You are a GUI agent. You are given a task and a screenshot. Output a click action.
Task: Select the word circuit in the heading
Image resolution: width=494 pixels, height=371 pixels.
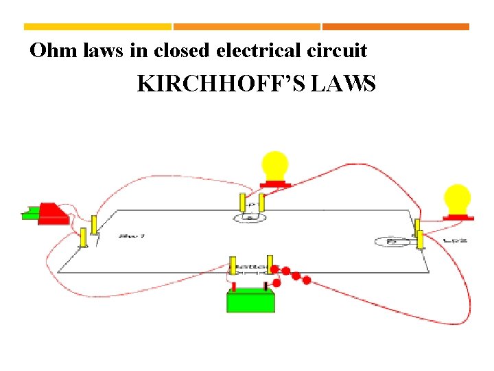336,50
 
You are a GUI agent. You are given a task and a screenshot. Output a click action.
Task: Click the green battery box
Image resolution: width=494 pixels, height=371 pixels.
251,301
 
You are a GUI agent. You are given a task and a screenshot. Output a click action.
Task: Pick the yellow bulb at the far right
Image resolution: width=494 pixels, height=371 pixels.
457,199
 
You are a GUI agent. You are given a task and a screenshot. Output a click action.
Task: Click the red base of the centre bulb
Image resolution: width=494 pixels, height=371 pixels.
274,183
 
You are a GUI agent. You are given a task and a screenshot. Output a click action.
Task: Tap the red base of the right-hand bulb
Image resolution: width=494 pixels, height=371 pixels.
458,216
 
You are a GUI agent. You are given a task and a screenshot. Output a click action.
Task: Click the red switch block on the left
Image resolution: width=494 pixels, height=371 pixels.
52,213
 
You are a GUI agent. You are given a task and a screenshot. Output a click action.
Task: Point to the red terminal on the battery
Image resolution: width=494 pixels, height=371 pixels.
233,286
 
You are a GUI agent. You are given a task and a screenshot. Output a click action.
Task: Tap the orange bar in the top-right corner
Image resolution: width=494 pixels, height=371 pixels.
396,27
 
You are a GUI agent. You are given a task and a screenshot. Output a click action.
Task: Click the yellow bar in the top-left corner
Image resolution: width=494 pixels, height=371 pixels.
97,27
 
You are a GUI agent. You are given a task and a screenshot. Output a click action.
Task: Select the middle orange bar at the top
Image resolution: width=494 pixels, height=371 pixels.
247,27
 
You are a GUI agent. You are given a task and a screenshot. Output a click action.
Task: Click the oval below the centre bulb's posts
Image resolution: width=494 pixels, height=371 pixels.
250,218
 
